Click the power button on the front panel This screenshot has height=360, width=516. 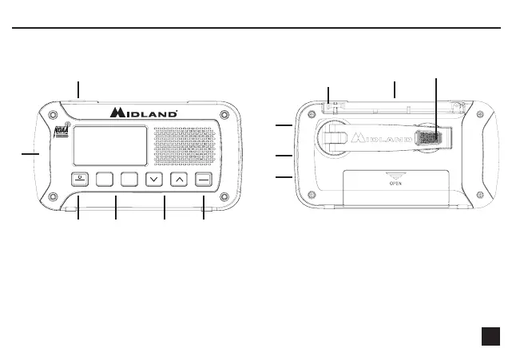[x=80, y=179]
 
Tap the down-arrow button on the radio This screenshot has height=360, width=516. [x=154, y=179]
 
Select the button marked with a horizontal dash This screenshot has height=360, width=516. [x=204, y=179]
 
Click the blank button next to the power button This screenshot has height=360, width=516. [x=105, y=179]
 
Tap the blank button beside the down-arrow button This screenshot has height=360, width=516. [x=129, y=179]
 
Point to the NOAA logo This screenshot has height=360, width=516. [x=60, y=133]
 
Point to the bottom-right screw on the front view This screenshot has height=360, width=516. [x=224, y=196]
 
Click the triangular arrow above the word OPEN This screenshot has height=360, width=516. [x=394, y=175]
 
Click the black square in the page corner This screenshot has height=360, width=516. [x=491, y=337]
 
